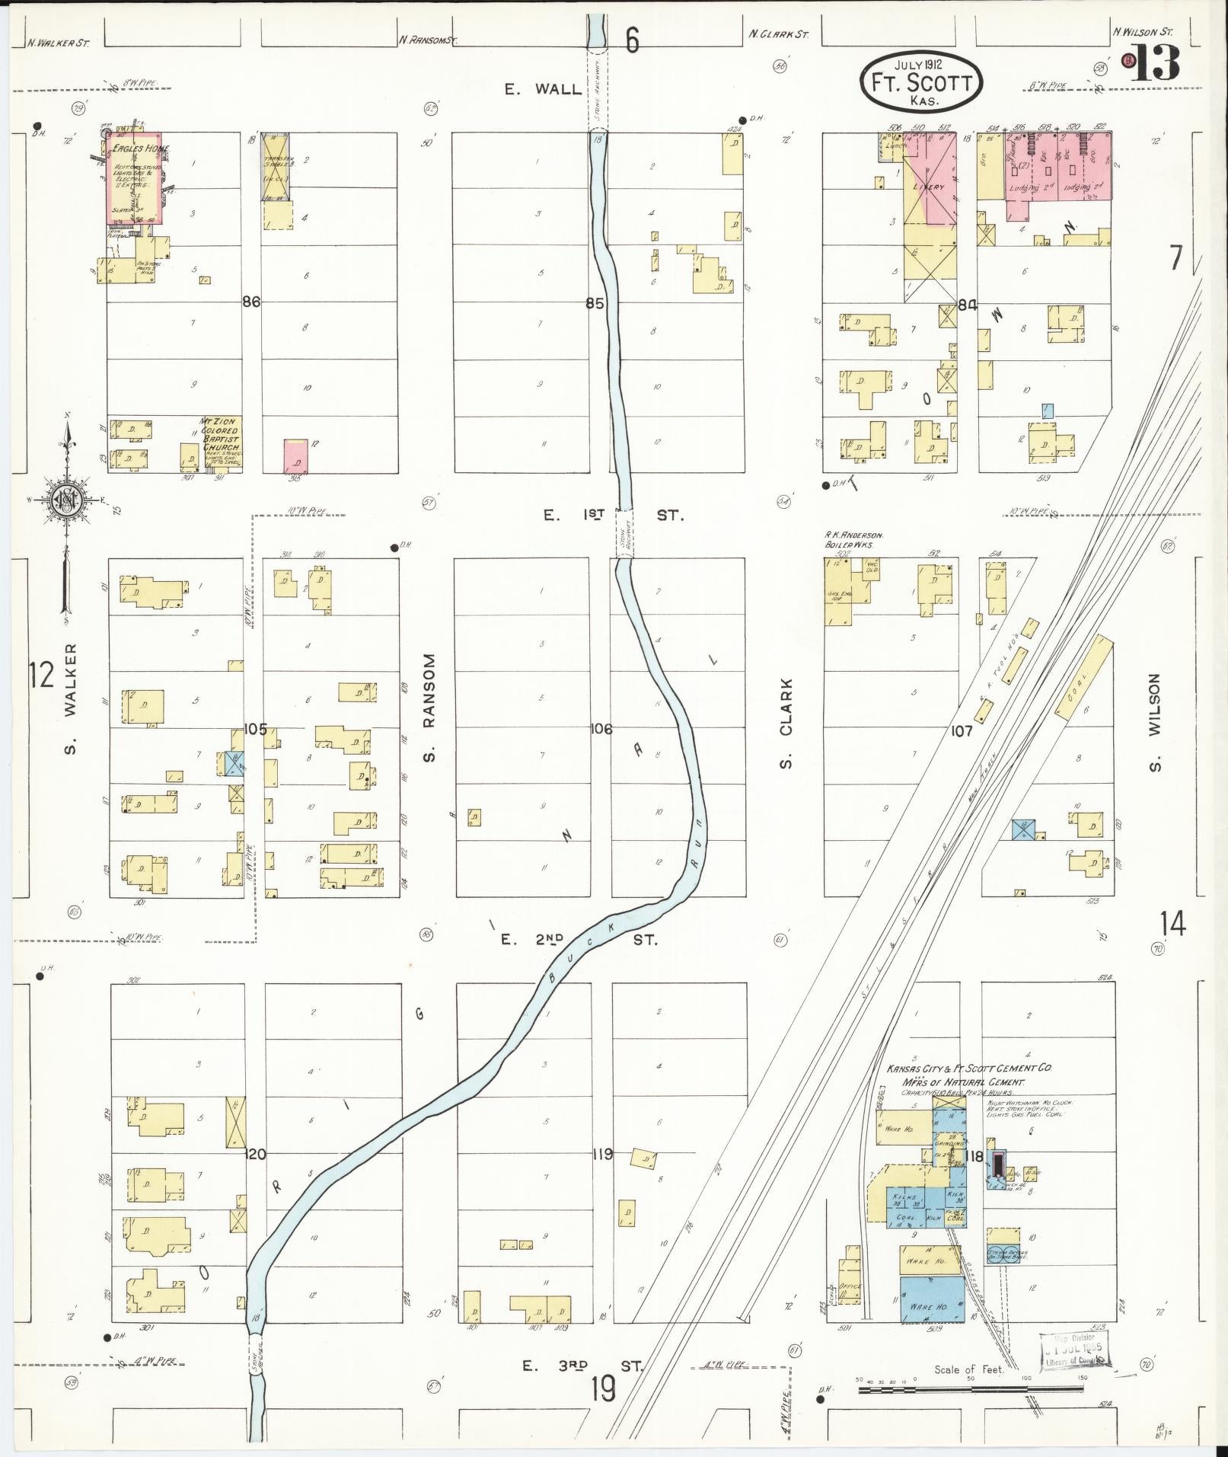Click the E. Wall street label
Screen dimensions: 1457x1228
click(542, 89)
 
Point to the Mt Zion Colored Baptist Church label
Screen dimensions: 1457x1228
click(219, 434)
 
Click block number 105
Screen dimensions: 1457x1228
click(256, 729)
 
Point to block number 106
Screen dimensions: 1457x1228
click(601, 729)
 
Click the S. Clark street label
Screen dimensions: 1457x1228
click(786, 724)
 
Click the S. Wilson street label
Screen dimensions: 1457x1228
click(1155, 722)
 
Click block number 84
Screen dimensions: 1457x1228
click(968, 305)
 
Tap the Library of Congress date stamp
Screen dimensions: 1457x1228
click(1073, 1351)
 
